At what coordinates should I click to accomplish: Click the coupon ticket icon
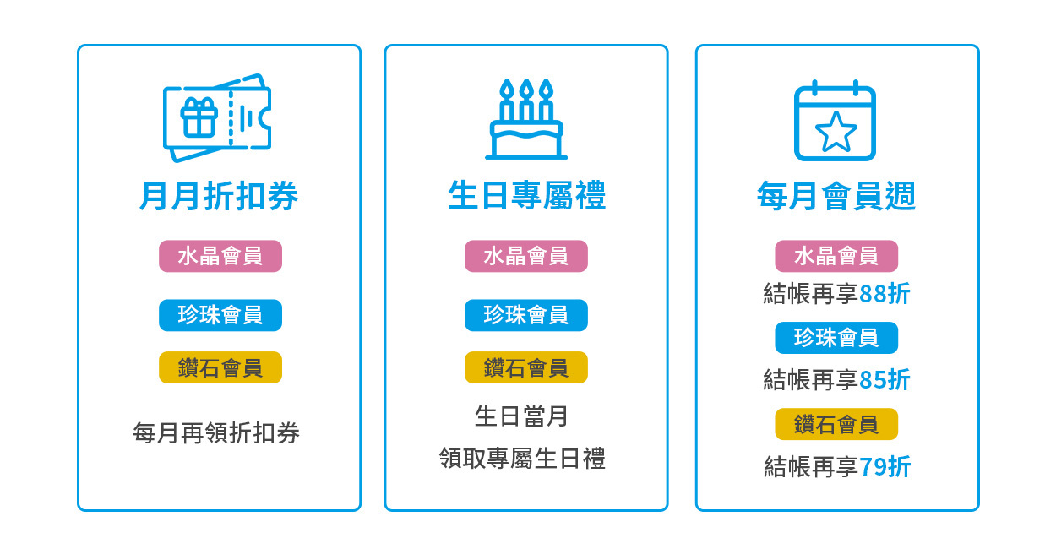pyautogui.click(x=217, y=118)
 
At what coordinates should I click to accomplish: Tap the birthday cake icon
pyautogui.click(x=525, y=120)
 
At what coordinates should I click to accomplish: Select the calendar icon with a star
pyautogui.click(x=836, y=121)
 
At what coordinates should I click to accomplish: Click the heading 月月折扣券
pyautogui.click(x=219, y=197)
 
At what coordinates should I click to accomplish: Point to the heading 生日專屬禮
pyautogui.click(x=526, y=197)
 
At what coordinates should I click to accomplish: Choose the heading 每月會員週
pyautogui.click(x=836, y=197)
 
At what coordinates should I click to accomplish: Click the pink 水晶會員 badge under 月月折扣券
pyautogui.click(x=220, y=256)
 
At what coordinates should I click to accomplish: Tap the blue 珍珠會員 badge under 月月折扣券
pyautogui.click(x=220, y=315)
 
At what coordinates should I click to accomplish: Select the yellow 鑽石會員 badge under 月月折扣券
pyautogui.click(x=220, y=367)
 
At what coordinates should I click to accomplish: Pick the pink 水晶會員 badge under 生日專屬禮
pyautogui.click(x=526, y=256)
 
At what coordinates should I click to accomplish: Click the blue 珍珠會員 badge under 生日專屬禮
pyautogui.click(x=526, y=315)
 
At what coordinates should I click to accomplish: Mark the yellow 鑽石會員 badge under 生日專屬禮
pyautogui.click(x=526, y=367)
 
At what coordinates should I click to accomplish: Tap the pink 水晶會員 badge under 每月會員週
pyautogui.click(x=836, y=256)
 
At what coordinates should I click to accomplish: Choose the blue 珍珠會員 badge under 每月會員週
pyautogui.click(x=836, y=338)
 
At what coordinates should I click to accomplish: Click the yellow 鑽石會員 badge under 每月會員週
pyautogui.click(x=836, y=424)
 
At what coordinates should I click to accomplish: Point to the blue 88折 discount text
pyautogui.click(x=885, y=294)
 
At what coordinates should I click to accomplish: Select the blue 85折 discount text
pyautogui.click(x=885, y=380)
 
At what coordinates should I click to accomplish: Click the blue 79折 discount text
pyautogui.click(x=885, y=466)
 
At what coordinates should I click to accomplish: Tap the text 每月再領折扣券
pyautogui.click(x=216, y=433)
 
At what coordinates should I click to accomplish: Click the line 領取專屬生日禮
pyautogui.click(x=522, y=459)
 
